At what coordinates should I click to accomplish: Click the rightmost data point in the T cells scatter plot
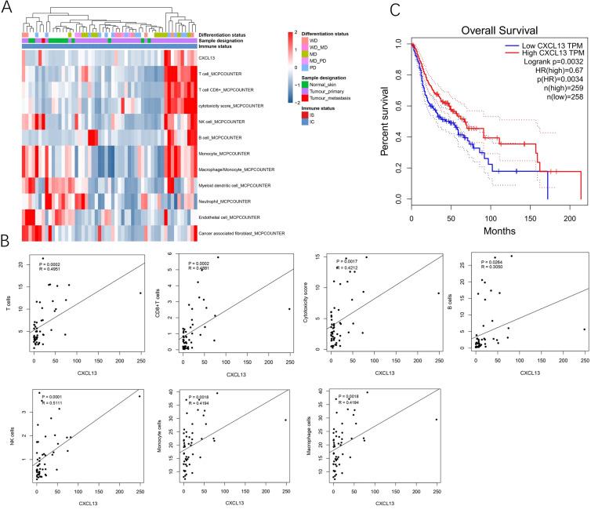pos(140,293)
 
